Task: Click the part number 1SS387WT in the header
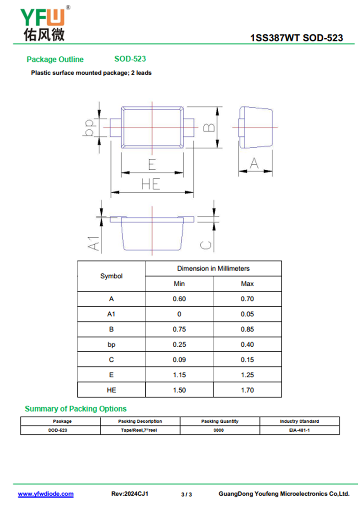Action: click(275, 38)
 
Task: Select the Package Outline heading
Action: click(55, 59)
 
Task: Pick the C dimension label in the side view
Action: click(206, 244)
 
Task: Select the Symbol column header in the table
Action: click(111, 276)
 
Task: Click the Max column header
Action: click(247, 284)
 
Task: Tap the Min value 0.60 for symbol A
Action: click(179, 299)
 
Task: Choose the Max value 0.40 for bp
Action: click(247, 344)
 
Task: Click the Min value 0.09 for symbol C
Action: click(179, 360)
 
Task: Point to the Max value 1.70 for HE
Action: click(247, 390)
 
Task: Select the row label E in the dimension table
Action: click(111, 375)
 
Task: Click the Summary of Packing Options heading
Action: click(76, 409)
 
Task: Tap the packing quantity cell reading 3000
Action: click(220, 430)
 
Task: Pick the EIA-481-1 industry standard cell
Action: click(299, 430)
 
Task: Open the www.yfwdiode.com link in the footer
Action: click(45, 494)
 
